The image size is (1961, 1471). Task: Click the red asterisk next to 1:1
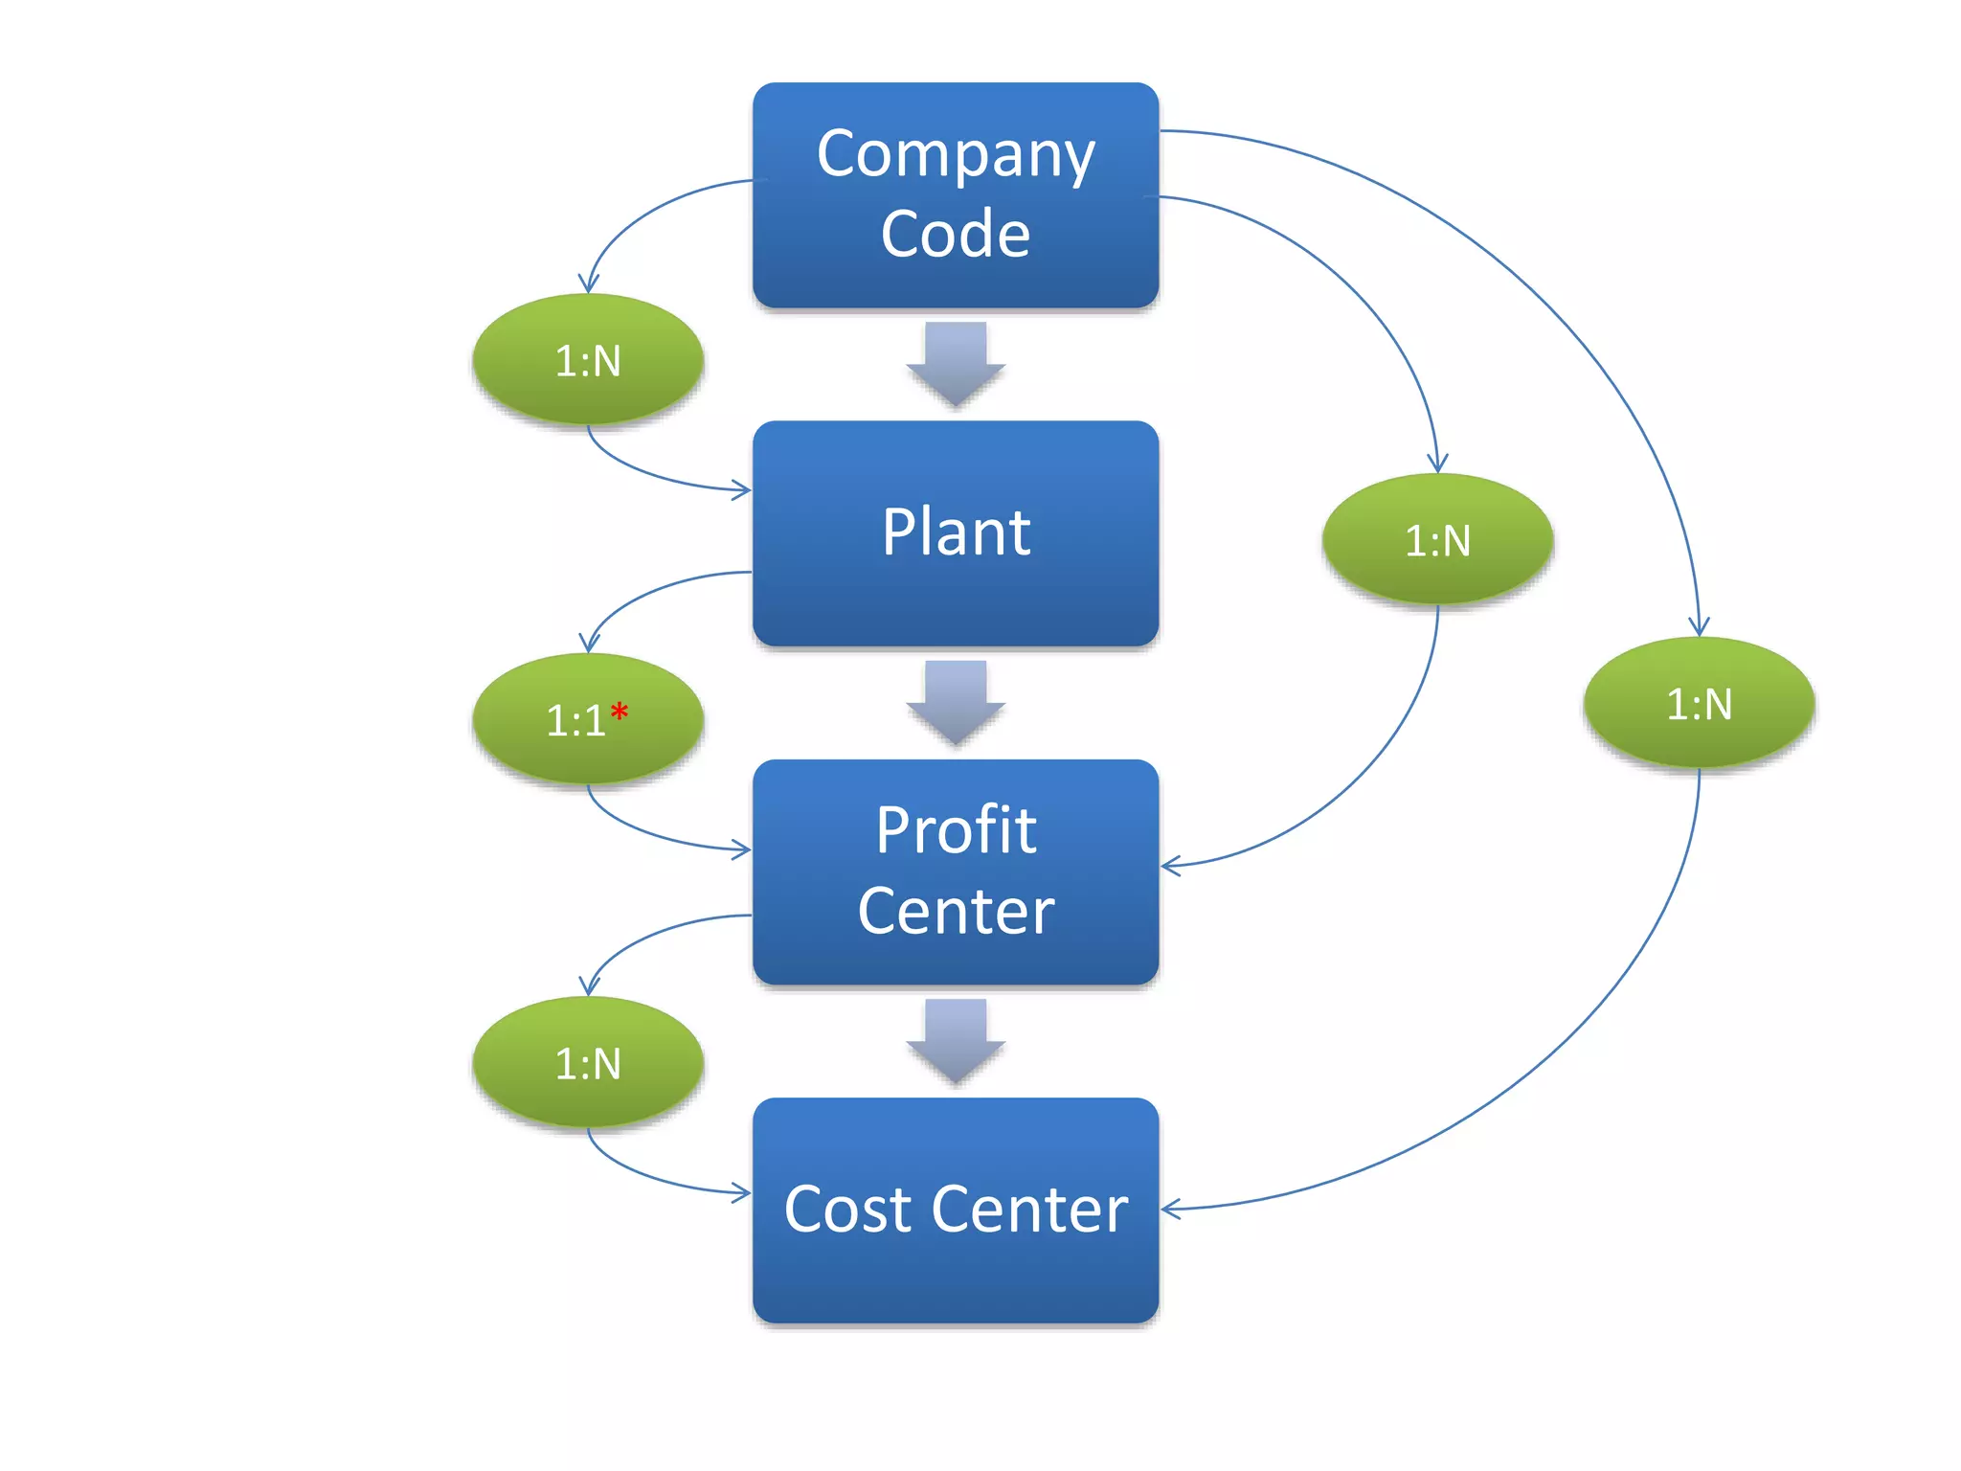point(620,712)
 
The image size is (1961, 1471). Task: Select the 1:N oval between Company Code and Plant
point(588,360)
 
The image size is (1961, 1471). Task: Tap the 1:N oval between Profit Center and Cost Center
point(588,1063)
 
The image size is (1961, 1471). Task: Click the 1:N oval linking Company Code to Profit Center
point(1437,540)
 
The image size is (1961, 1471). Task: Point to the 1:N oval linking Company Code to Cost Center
point(1699,704)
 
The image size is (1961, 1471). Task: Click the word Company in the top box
point(956,155)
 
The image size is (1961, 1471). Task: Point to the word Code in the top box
point(956,234)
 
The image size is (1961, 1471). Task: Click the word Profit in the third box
point(956,829)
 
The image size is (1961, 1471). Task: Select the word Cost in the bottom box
point(846,1209)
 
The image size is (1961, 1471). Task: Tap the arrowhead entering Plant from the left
point(742,490)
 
